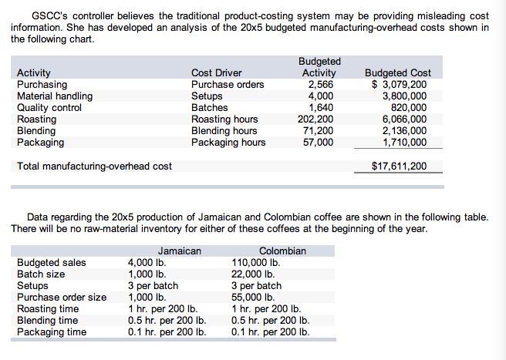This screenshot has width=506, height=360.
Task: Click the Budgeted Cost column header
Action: [397, 72]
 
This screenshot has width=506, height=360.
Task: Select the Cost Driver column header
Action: [216, 72]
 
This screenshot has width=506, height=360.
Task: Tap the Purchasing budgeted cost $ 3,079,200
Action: [397, 84]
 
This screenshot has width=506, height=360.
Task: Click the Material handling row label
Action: [55, 96]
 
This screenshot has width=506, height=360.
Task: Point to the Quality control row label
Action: [49, 107]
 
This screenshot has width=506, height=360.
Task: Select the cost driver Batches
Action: [209, 107]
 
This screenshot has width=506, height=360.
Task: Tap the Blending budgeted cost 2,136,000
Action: [404, 130]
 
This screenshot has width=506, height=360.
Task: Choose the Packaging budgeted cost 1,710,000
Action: [404, 142]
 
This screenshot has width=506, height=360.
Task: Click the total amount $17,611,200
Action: [399, 166]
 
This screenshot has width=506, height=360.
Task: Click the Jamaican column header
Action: [179, 251]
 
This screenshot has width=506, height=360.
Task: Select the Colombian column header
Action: [282, 251]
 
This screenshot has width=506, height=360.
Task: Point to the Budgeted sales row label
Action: [52, 262]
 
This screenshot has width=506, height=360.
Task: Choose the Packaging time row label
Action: [52, 331]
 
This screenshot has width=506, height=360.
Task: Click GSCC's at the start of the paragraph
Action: [48, 15]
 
